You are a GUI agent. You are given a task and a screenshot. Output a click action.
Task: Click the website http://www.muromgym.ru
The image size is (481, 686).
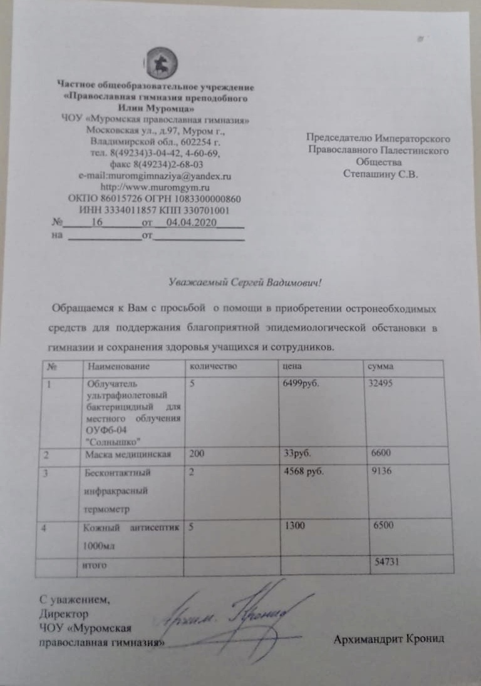(155, 188)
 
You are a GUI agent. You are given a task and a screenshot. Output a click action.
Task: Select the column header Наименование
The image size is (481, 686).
(111, 365)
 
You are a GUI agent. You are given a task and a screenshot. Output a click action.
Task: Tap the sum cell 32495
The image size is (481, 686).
(382, 384)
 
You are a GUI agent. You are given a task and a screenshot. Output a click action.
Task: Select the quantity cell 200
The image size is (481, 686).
(196, 455)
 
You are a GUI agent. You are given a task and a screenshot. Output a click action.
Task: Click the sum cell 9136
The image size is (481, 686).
(381, 472)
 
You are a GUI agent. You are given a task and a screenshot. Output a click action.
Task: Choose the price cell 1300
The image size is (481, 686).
(294, 527)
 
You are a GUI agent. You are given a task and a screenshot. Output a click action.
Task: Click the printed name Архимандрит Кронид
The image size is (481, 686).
(389, 639)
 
